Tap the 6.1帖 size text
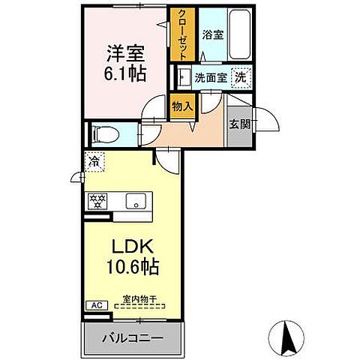(x=124, y=75)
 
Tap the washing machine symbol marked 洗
(x=239, y=76)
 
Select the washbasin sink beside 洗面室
(x=182, y=76)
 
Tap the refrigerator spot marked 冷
(x=94, y=161)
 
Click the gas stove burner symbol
(x=97, y=200)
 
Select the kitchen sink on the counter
(x=136, y=200)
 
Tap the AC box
(x=95, y=305)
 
